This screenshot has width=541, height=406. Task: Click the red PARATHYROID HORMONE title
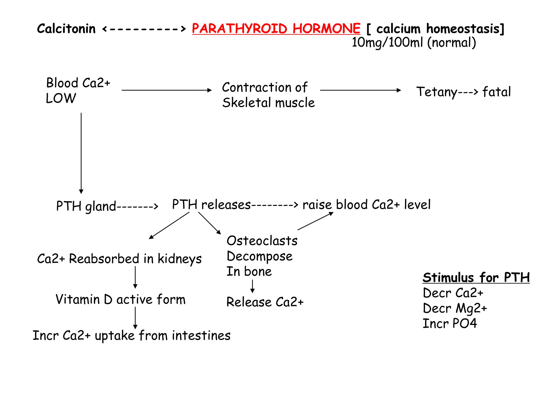pos(276,28)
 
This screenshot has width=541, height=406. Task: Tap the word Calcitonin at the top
pos(66,29)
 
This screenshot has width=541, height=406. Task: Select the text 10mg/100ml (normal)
pos(414,43)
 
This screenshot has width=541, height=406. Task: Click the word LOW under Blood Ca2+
pos(61,98)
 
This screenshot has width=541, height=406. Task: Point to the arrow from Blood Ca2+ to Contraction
pos(166,90)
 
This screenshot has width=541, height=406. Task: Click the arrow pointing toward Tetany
pos(360,90)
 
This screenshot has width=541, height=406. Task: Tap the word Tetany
pos(437,92)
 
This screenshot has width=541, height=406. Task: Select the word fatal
pos(496,92)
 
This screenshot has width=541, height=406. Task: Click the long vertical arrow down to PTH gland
pos(81,153)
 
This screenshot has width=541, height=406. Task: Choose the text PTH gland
pos(86,206)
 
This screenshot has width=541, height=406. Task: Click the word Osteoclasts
pos(262,241)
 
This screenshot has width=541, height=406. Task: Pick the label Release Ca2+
pos(265,302)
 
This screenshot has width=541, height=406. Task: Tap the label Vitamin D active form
pos(120,299)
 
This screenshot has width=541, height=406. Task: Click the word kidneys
pos(180,259)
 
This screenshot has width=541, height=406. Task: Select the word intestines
pos(201,336)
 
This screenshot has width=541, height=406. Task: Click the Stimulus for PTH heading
pos(476,278)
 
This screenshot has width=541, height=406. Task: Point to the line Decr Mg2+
pos(455,308)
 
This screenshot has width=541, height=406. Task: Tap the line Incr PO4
pos(450,324)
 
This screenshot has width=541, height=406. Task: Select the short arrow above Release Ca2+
pos(253,286)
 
